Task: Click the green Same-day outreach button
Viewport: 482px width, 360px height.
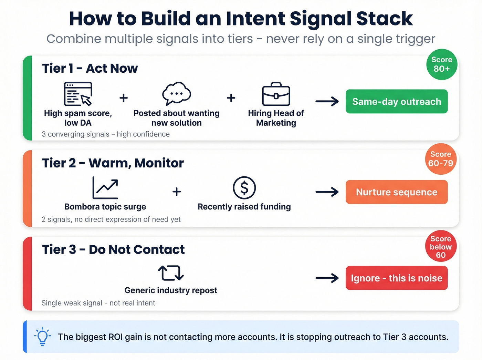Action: coord(397,102)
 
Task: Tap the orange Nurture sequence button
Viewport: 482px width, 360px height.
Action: coord(397,192)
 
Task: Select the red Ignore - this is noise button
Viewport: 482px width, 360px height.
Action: coord(397,278)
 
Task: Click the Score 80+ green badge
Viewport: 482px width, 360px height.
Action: coord(442,64)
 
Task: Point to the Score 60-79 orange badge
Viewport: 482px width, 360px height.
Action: coord(441,159)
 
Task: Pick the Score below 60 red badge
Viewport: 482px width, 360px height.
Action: coord(441,246)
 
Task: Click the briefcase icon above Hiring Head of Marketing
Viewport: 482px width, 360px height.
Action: coord(276,94)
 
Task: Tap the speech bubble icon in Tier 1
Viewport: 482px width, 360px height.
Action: coord(177,93)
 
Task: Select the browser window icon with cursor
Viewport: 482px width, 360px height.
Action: coord(78,94)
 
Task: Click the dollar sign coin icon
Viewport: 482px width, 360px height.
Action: coord(244,188)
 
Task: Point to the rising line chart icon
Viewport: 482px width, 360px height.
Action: coord(105,188)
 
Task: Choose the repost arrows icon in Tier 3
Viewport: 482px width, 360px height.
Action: coord(171,273)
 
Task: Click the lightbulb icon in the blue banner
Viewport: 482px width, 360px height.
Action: coord(42,336)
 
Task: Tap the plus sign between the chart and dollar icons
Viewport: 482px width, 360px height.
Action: coord(177,192)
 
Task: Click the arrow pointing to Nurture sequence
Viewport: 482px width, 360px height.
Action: coord(327,192)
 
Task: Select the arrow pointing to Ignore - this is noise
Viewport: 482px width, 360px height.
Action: coord(327,278)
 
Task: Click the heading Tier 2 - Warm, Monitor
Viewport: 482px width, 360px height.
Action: coord(113,163)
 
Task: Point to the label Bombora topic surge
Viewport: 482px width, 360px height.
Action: coord(105,207)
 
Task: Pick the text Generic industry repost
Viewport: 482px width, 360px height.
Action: coord(171,290)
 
